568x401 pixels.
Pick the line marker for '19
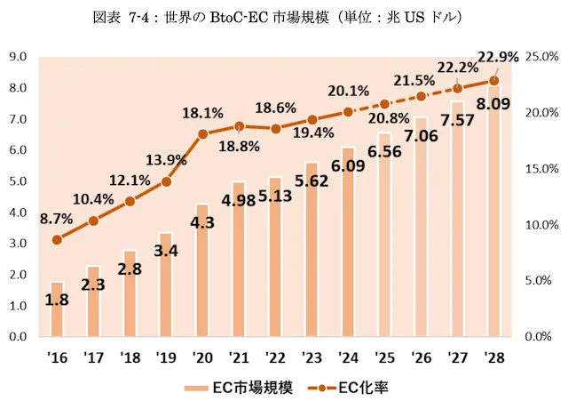pyautogui.click(x=166, y=181)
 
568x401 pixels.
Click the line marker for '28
pyautogui.click(x=494, y=80)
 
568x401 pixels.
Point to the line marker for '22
pyautogui.click(x=275, y=129)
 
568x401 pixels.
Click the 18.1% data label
pyautogui.click(x=201, y=113)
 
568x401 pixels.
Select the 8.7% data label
pyautogui.click(x=57, y=217)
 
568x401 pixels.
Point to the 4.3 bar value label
pyautogui.click(x=203, y=222)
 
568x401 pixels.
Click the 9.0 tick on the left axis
pyautogui.click(x=19, y=57)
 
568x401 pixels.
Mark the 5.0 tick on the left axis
pyautogui.click(x=19, y=181)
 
